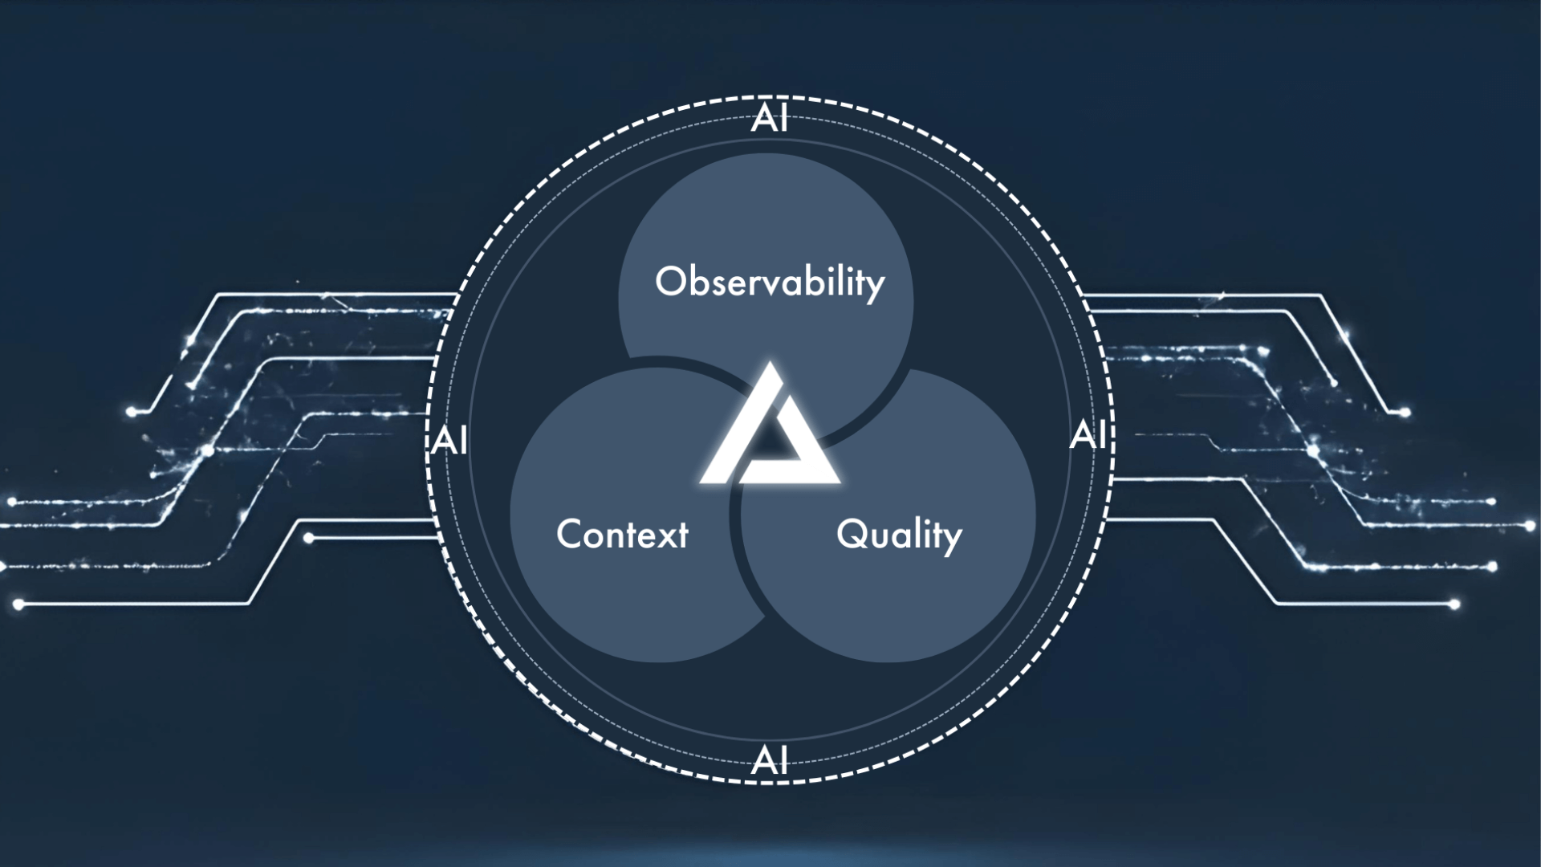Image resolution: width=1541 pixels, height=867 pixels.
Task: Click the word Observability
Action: coord(770,282)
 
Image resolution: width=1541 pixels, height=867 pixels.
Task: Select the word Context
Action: coord(622,534)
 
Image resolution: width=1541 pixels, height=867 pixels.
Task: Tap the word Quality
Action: coord(899,535)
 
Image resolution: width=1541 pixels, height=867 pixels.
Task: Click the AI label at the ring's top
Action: coord(770,119)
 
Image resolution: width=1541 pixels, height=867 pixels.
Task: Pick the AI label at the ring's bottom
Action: coord(770,759)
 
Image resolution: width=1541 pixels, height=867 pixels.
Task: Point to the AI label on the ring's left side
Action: coord(449,441)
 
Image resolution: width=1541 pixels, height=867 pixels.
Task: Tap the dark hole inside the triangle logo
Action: coord(772,441)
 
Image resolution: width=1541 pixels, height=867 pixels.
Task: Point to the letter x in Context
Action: coord(662,536)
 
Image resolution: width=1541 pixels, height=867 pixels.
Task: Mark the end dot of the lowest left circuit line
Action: coord(18,604)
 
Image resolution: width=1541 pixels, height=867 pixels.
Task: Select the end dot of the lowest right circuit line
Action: coord(1454,604)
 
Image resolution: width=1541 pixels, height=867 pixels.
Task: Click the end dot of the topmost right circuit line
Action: coord(1405,413)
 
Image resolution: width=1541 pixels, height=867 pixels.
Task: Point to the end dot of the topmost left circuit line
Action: coord(131,412)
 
